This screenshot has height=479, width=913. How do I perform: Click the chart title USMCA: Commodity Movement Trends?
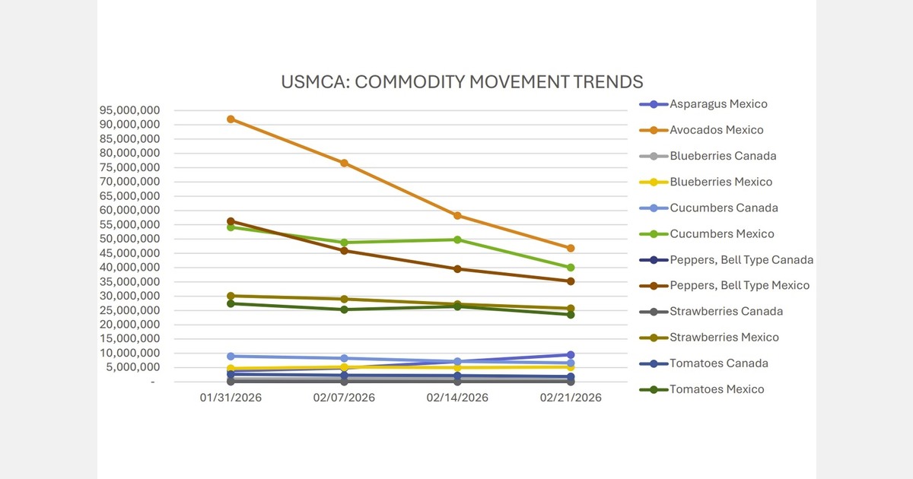[x=462, y=82]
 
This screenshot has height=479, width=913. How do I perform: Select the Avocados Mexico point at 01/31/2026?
[x=231, y=119]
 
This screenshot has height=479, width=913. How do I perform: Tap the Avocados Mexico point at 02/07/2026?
[x=344, y=163]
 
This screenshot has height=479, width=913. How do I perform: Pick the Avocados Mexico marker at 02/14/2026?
[x=457, y=216]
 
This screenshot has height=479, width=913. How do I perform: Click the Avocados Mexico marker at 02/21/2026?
[x=571, y=249]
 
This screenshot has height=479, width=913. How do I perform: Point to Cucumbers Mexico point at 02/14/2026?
[x=457, y=239]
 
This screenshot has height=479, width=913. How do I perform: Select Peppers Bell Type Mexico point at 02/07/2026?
[x=344, y=251]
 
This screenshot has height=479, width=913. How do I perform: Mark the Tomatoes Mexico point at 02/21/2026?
[x=571, y=314]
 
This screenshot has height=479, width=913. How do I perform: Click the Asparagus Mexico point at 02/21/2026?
[x=571, y=355]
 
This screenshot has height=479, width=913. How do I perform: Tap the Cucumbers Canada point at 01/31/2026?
[x=231, y=356]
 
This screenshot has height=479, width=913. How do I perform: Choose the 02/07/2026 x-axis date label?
[x=344, y=398]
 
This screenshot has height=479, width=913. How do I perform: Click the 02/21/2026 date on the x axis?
[x=571, y=398]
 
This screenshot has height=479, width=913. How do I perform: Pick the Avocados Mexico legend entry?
[x=716, y=130]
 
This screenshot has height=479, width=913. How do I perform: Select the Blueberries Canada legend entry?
[x=723, y=156]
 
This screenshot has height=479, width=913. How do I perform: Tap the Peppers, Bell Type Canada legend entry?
[x=741, y=259]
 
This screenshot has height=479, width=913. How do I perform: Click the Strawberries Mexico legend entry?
[x=724, y=337]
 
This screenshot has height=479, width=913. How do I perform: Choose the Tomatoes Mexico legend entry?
[x=717, y=389]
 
